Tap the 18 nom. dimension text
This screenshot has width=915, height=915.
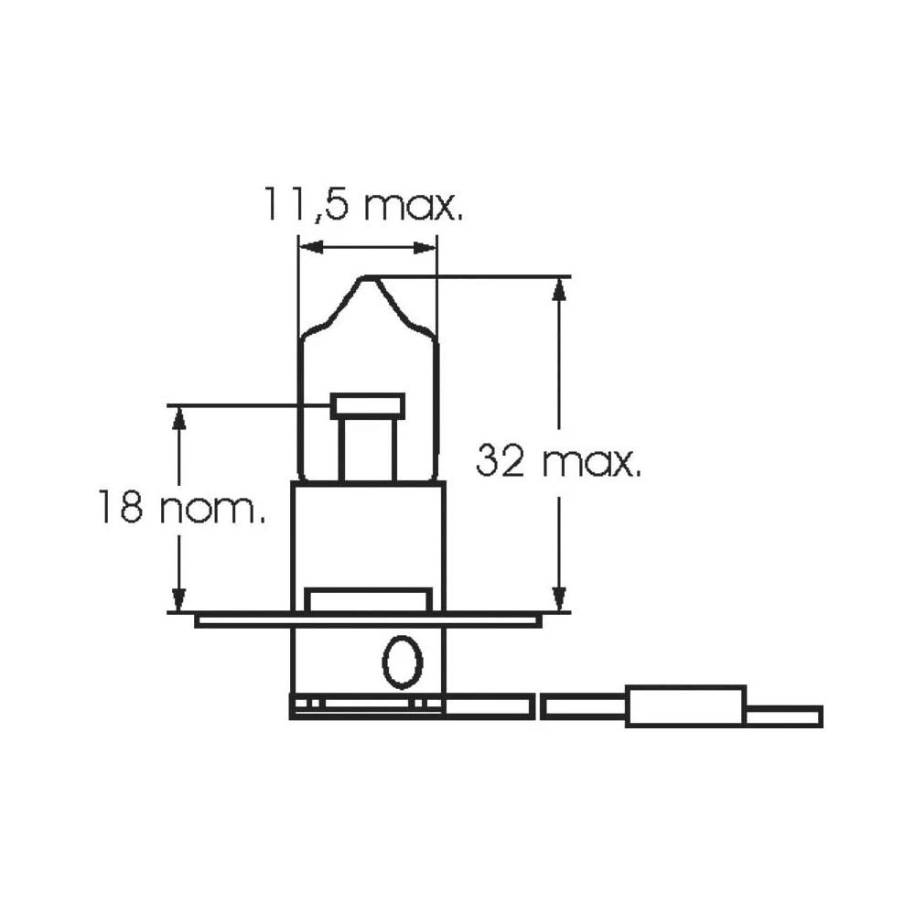[182, 509]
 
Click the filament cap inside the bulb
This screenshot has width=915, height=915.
[368, 405]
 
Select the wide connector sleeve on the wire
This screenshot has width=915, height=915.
[685, 705]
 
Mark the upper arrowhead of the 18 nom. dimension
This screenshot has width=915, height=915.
[179, 416]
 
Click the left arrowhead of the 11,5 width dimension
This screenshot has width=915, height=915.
[309, 247]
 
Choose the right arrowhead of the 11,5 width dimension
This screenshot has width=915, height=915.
[426, 247]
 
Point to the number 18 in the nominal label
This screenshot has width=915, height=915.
[122, 509]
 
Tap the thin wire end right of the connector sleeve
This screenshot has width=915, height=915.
[784, 715]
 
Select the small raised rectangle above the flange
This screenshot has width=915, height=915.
[368, 600]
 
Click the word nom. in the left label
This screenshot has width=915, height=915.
[212, 509]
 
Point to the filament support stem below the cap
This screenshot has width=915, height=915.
[368, 450]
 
